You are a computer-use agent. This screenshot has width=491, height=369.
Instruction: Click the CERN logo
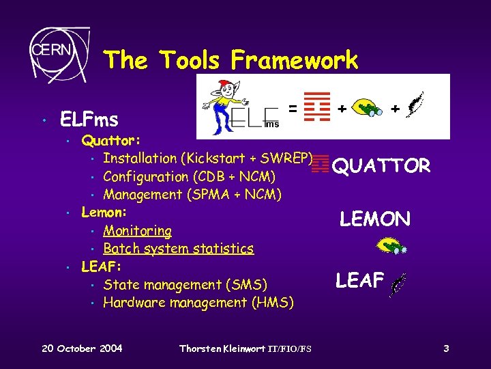point(57,52)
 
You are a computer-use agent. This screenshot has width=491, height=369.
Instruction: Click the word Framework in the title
point(294,60)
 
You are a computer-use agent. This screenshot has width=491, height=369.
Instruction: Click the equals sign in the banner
point(292,108)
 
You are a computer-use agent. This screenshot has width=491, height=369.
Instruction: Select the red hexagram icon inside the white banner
point(316,105)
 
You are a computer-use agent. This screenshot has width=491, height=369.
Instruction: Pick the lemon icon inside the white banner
point(369,107)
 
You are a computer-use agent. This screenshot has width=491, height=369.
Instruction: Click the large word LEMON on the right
point(375,219)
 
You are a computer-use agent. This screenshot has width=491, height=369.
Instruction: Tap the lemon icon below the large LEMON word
point(391,245)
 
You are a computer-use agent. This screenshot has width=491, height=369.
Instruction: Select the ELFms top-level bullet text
point(89,120)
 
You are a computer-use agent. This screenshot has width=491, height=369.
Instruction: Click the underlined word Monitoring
point(137,231)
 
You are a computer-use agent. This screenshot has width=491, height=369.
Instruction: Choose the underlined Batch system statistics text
point(178,249)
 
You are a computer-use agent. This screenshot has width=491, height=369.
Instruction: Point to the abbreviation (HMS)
point(271,302)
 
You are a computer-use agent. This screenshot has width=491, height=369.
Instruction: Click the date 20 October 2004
point(82,348)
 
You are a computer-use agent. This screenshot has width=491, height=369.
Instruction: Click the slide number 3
point(445,348)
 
